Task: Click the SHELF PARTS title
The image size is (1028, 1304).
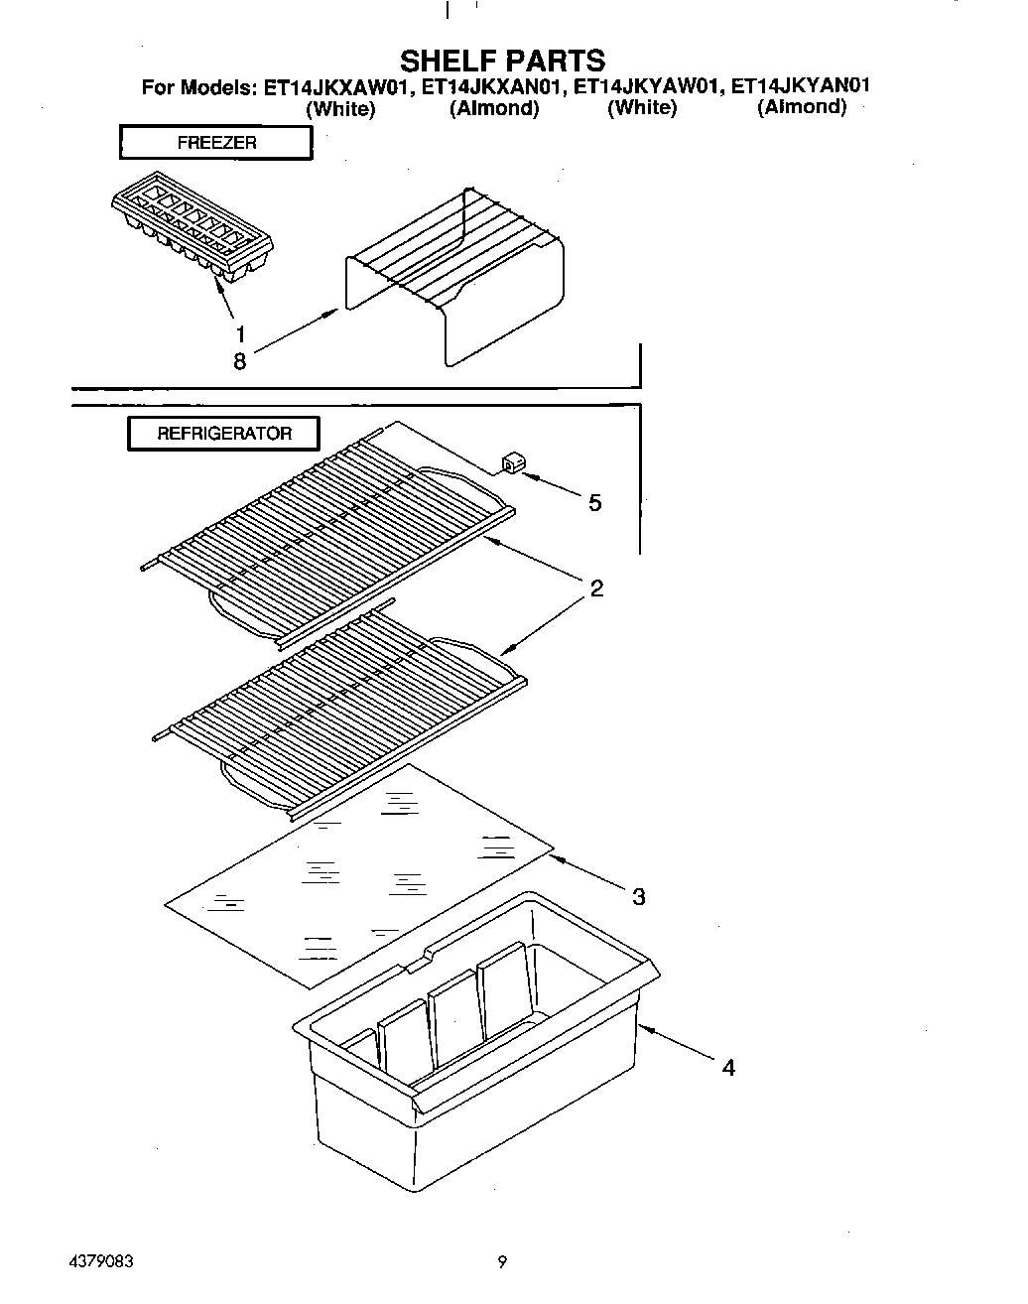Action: point(502,61)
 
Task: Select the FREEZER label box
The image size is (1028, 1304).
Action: point(216,143)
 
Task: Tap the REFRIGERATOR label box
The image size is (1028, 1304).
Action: point(224,434)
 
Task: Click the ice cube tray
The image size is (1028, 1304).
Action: point(192,228)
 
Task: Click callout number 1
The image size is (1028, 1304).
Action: point(239,334)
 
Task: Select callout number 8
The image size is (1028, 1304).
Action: point(239,361)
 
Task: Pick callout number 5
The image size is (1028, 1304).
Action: point(594,503)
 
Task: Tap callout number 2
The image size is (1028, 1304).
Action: point(596,588)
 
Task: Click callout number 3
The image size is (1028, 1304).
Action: point(639,897)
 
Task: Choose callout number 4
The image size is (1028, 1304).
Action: point(728,1068)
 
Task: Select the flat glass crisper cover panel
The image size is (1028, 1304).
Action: point(357,873)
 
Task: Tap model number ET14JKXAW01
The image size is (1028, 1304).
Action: point(336,86)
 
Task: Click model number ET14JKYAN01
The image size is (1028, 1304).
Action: point(800,86)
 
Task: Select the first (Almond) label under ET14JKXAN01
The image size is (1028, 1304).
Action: point(493,109)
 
